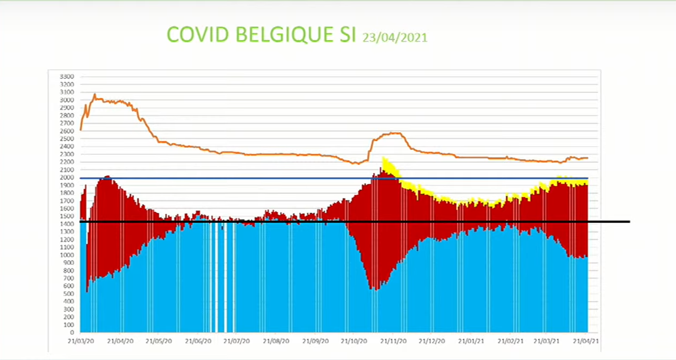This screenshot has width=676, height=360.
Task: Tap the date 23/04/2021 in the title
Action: pos(395,37)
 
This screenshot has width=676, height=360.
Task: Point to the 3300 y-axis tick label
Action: pos(67,77)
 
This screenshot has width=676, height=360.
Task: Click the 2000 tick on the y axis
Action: pos(67,178)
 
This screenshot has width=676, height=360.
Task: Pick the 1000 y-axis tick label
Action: pos(67,255)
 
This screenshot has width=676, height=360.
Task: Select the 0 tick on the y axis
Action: pos(71,333)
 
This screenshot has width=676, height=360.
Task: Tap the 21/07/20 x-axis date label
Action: pos(236,341)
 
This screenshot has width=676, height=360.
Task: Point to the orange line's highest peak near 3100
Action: pos(95,95)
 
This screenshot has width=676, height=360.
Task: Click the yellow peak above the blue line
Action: pos(384,159)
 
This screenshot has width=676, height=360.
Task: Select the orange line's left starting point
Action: pos(81,129)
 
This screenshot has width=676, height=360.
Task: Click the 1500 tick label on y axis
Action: pos(67,217)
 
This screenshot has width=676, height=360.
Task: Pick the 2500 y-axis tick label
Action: pos(67,139)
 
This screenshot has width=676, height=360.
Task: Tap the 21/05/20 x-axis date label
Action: pos(159,341)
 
